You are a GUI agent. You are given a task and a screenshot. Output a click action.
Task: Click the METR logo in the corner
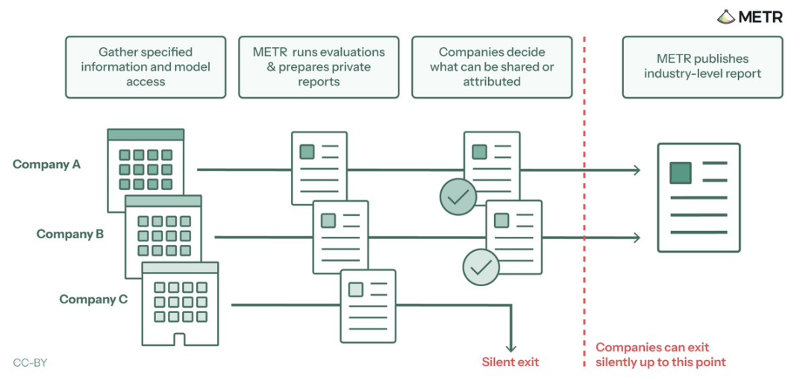pyautogui.click(x=749, y=16)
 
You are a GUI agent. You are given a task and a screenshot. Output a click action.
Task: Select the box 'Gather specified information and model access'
pyautogui.click(x=146, y=67)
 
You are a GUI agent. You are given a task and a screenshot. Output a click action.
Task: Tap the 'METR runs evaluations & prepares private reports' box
pyautogui.click(x=319, y=67)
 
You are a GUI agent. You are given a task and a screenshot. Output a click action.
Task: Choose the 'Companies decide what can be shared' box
pyautogui.click(x=492, y=67)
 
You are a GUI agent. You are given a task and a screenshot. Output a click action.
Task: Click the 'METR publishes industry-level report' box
pyautogui.click(x=703, y=67)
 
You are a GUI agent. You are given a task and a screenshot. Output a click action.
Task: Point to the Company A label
pyautogui.click(x=47, y=164)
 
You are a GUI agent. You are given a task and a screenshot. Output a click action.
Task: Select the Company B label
pyautogui.click(x=70, y=234)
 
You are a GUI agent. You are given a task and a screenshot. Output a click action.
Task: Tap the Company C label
pyautogui.click(x=93, y=299)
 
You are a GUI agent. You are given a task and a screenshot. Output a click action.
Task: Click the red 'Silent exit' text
pyautogui.click(x=510, y=362)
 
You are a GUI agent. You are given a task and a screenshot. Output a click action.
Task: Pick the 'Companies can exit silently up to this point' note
pyautogui.click(x=661, y=355)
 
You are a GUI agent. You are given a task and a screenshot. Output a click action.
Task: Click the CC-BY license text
pyautogui.click(x=30, y=363)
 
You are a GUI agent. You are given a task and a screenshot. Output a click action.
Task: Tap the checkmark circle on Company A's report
pyautogui.click(x=458, y=196)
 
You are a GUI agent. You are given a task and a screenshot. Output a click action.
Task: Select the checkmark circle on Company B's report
pyautogui.click(x=481, y=267)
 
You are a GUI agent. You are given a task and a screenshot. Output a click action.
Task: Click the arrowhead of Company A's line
pyautogui.click(x=637, y=170)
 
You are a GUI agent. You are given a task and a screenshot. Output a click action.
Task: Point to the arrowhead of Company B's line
pyautogui.click(x=637, y=238)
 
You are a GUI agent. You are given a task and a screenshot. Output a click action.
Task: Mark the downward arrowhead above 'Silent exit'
pyautogui.click(x=510, y=348)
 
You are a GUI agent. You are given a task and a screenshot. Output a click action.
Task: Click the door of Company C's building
pyautogui.click(x=179, y=339)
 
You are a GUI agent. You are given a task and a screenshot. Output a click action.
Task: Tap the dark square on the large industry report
pyautogui.click(x=681, y=173)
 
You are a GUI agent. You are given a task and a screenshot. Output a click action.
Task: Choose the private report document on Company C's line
pyautogui.click(x=368, y=306)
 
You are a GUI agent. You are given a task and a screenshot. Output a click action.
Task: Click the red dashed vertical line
pyautogui.click(x=584, y=201)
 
